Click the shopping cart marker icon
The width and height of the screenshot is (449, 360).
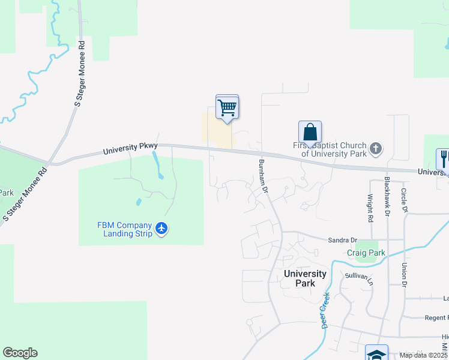[227, 108]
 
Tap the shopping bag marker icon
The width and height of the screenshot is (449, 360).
[310, 132]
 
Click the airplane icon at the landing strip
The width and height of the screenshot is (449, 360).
[161, 228]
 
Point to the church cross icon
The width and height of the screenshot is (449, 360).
[375, 148]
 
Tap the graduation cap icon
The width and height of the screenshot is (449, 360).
[376, 354]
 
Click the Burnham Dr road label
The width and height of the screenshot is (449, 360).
[262, 176]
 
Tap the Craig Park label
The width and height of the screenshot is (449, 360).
[366, 253]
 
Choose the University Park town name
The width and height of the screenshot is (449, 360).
[305, 278]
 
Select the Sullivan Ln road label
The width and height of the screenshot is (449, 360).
[359, 278]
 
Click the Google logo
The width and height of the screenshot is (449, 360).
[20, 353]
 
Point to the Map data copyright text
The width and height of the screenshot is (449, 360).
[424, 355]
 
